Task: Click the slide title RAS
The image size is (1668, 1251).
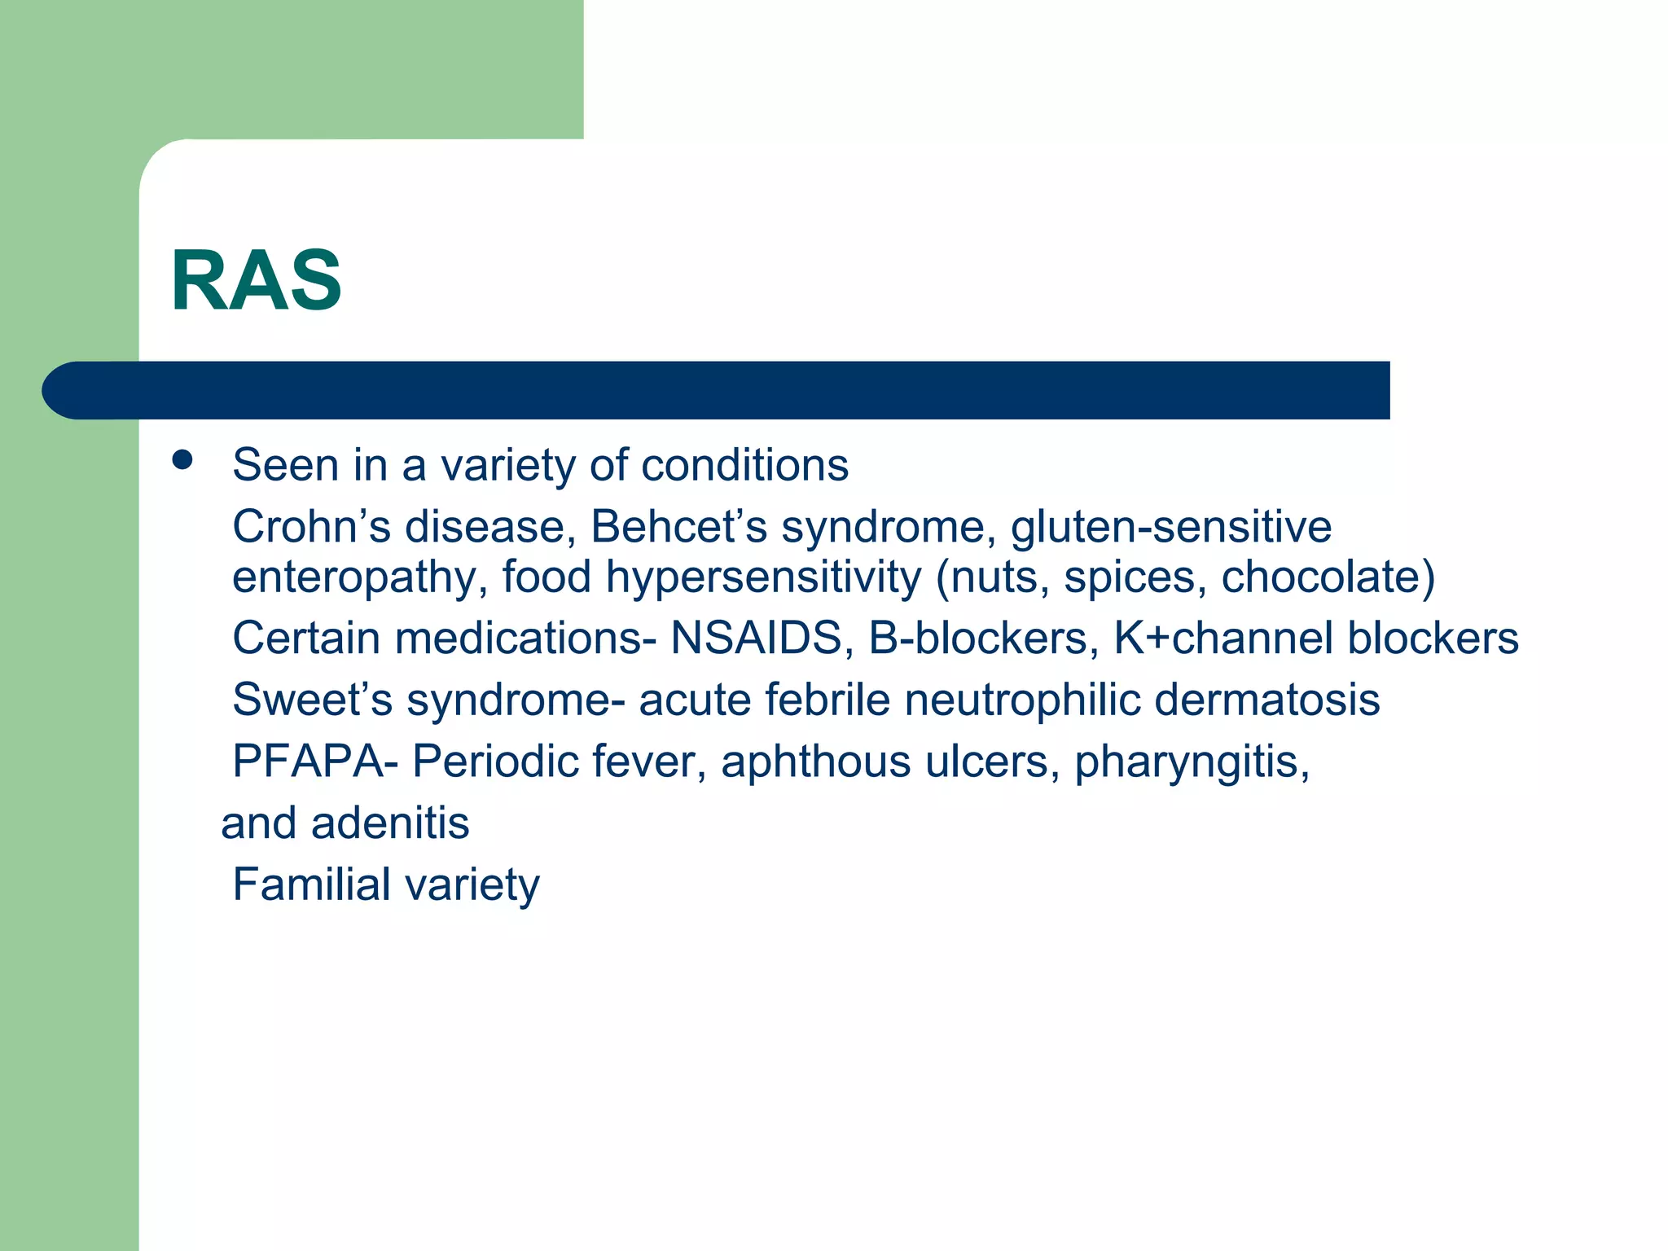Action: tap(256, 281)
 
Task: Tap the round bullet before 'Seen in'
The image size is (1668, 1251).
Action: tap(182, 460)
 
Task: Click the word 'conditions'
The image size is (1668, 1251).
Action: tap(744, 465)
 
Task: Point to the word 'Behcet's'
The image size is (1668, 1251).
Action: tap(678, 526)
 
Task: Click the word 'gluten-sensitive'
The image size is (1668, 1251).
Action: tap(1170, 526)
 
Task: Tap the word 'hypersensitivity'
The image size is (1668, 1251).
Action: tap(763, 577)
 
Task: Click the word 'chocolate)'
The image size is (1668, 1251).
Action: tap(1328, 577)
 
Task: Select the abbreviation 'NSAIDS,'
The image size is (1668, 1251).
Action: tap(762, 638)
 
